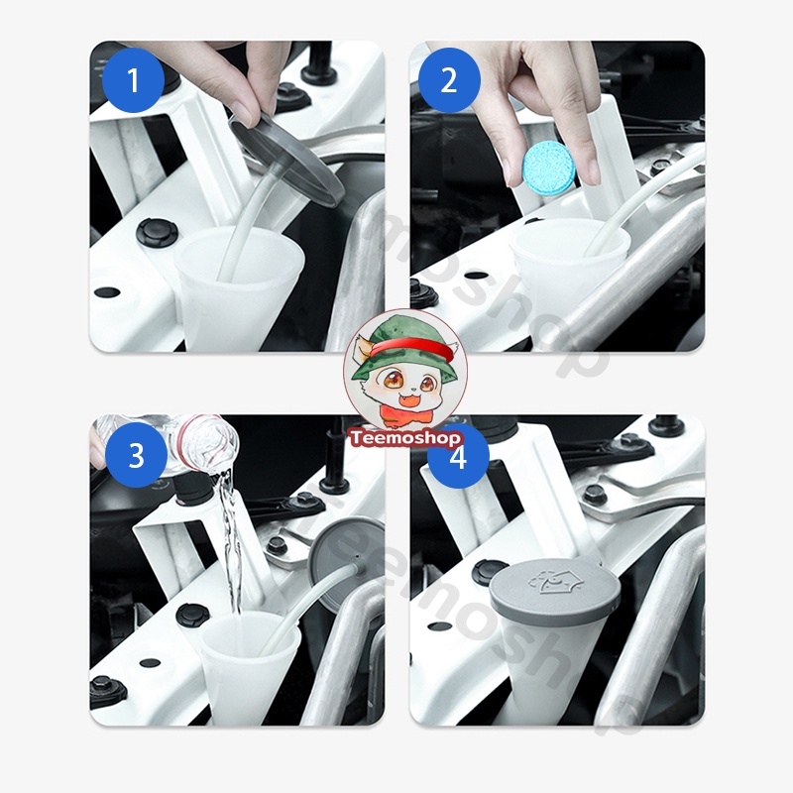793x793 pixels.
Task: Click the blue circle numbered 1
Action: pyautogui.click(x=133, y=80)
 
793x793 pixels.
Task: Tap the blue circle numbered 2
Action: pyautogui.click(x=449, y=80)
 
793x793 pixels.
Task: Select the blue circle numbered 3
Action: pyautogui.click(x=136, y=455)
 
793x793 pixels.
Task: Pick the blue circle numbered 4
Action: pyautogui.click(x=458, y=457)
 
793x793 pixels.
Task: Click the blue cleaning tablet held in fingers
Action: pyautogui.click(x=548, y=167)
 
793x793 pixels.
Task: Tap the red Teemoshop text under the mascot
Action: pyautogui.click(x=405, y=438)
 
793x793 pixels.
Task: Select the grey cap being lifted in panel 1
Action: pyautogui.click(x=285, y=160)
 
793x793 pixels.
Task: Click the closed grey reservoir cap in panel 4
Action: pyautogui.click(x=555, y=587)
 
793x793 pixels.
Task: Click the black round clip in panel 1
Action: pyautogui.click(x=158, y=234)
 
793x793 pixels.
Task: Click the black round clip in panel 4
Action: pyautogui.click(x=490, y=573)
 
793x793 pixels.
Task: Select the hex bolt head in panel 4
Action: pyautogui.click(x=595, y=495)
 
